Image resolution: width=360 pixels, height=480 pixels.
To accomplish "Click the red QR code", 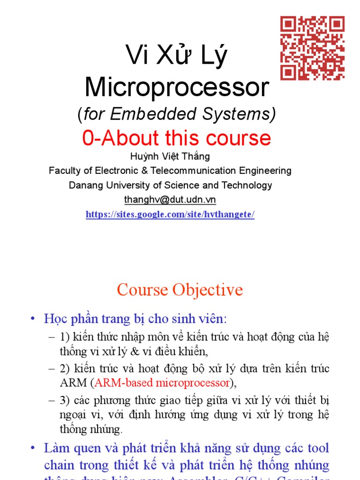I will click(x=313, y=48).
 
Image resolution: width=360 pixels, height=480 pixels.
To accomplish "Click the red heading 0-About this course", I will click(x=177, y=138).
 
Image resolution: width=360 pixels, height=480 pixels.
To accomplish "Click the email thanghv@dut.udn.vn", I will click(x=170, y=199).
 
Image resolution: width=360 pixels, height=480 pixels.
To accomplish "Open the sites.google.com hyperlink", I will click(x=170, y=215).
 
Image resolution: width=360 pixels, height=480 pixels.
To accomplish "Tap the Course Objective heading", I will click(x=180, y=290).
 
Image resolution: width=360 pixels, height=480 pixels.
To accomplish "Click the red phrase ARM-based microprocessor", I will click(x=162, y=383).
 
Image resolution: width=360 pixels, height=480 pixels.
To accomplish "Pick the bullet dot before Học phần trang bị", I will click(x=32, y=319).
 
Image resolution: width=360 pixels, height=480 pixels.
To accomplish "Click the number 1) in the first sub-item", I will click(x=64, y=337).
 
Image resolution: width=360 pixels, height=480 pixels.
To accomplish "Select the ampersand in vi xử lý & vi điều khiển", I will click(x=124, y=350).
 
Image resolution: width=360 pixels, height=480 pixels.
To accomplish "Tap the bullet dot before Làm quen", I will click(x=32, y=448).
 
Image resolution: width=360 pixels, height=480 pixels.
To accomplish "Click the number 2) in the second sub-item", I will click(x=64, y=369).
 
